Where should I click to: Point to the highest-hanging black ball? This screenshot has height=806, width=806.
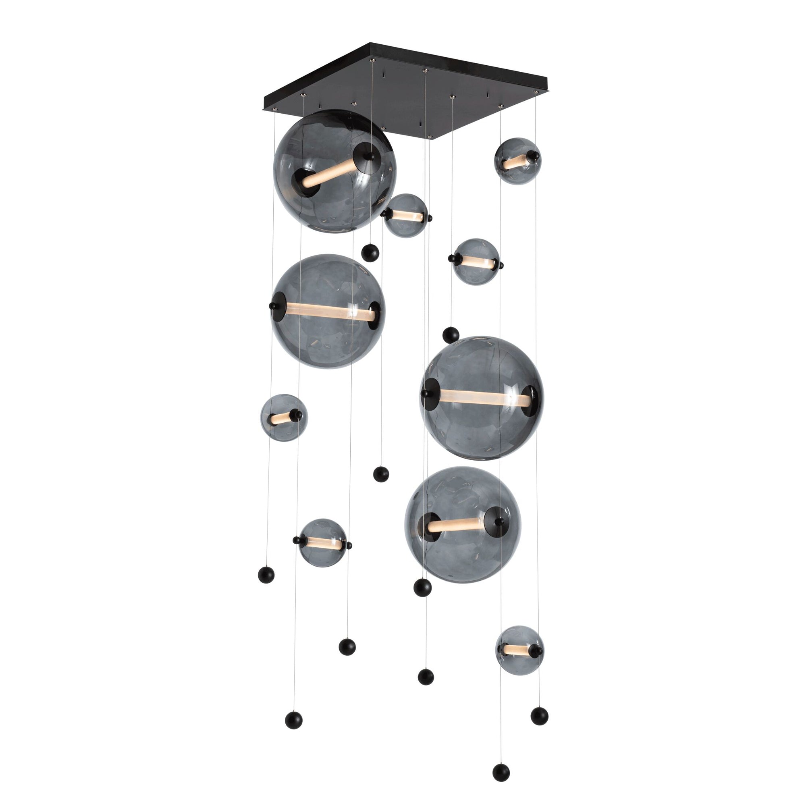(x=370, y=253)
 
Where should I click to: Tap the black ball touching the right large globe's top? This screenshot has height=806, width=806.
(x=451, y=334)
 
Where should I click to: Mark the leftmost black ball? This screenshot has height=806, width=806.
(x=266, y=574)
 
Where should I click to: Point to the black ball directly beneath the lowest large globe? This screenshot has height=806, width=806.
(x=422, y=588)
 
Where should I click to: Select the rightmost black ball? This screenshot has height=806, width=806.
(x=540, y=716)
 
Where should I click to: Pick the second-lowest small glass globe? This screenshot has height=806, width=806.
(x=322, y=543)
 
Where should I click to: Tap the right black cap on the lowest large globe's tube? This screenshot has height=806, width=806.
(x=499, y=521)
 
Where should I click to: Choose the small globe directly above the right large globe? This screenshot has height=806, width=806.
(x=476, y=262)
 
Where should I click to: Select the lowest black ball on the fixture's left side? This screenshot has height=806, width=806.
(x=294, y=720)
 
